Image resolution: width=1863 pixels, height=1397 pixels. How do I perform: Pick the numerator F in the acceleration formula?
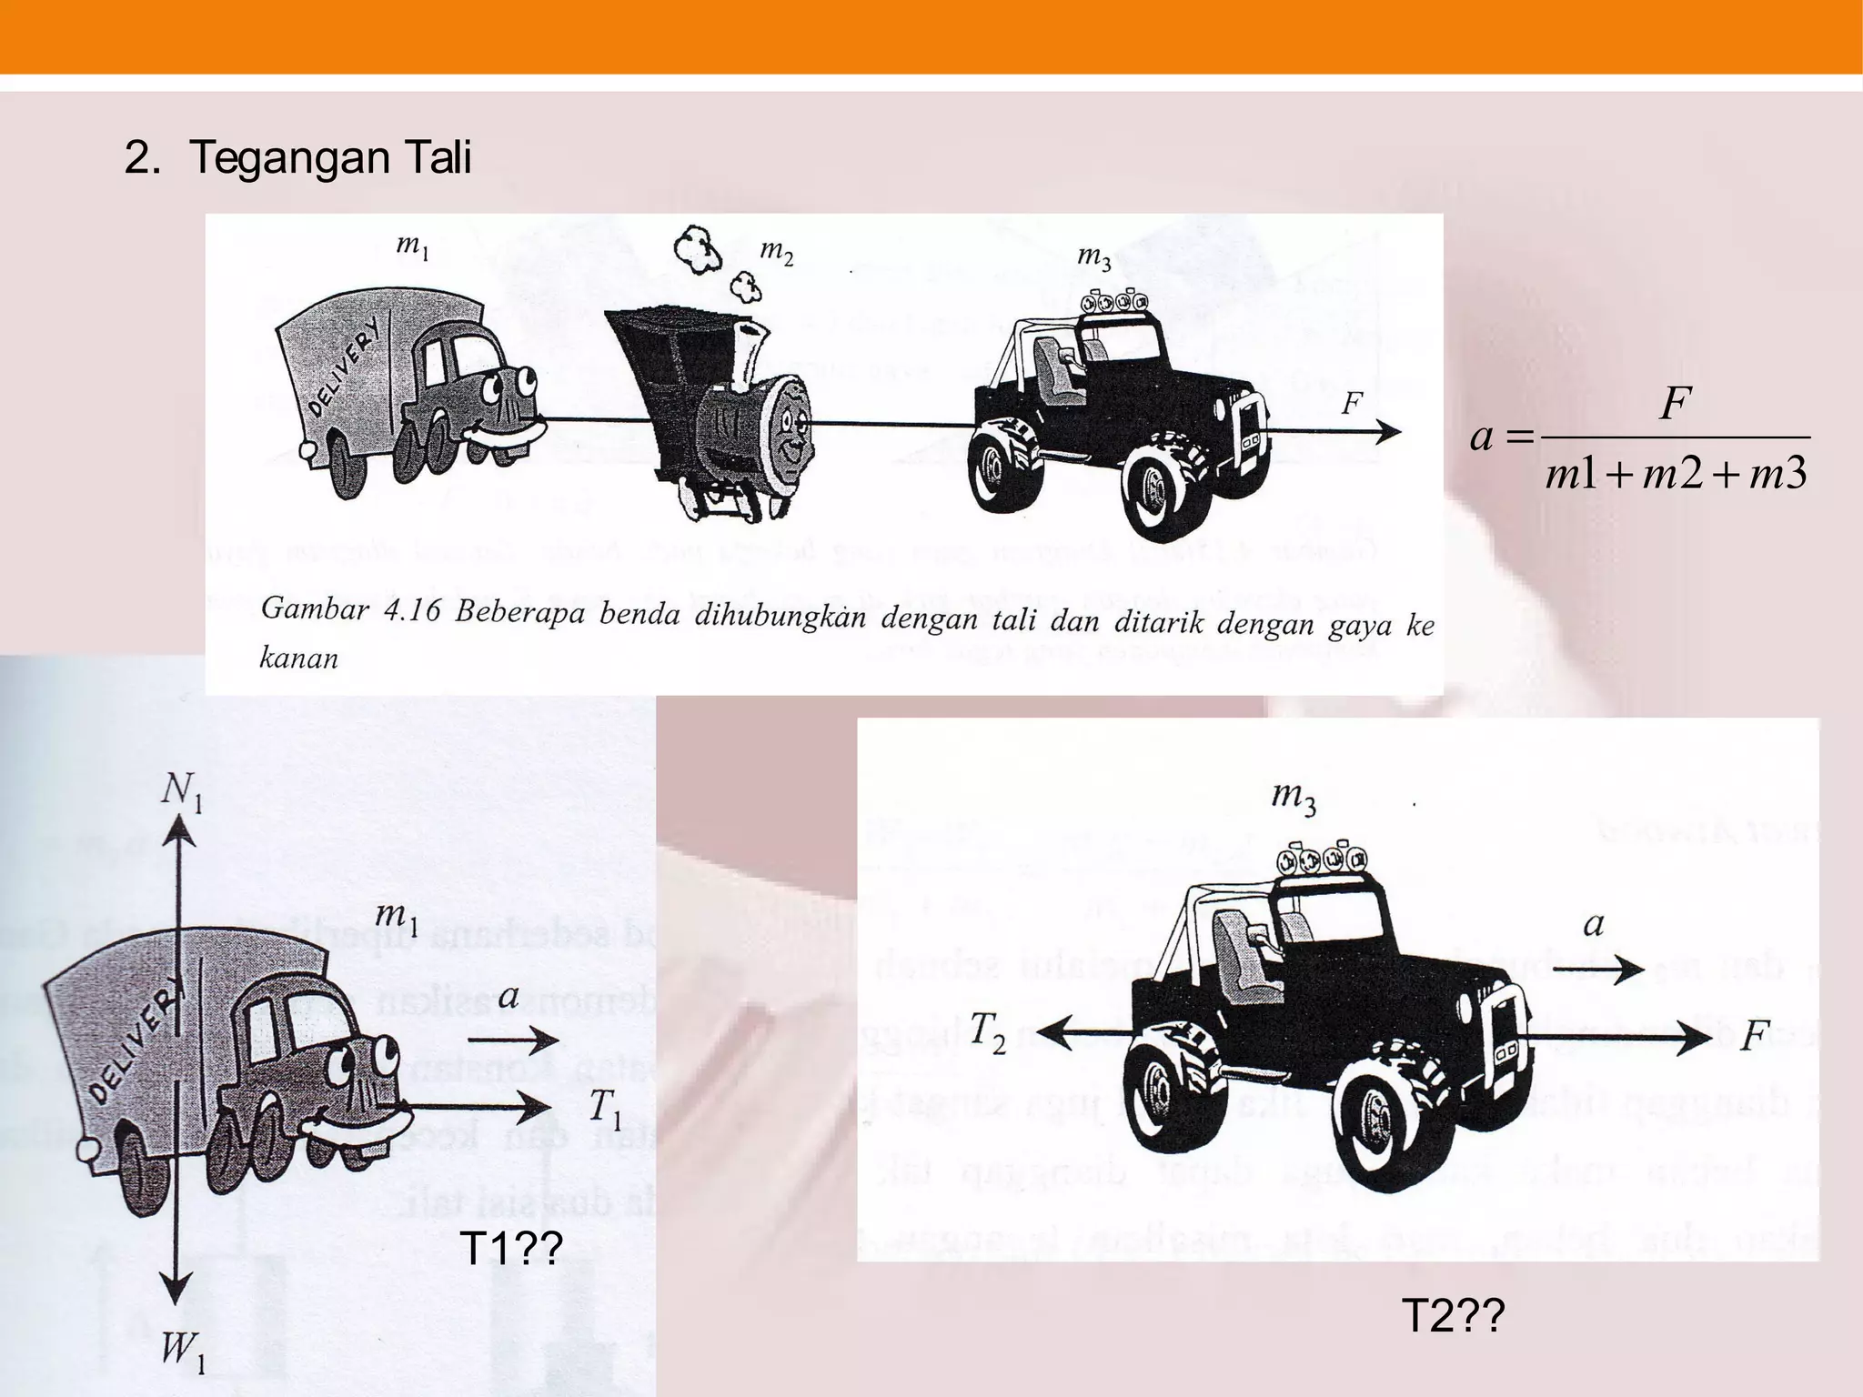tap(1674, 403)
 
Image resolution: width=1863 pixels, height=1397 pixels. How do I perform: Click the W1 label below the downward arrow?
tap(183, 1360)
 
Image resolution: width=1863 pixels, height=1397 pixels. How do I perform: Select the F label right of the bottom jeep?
tap(1755, 1036)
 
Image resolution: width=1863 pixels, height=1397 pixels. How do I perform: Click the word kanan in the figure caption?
tap(298, 658)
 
